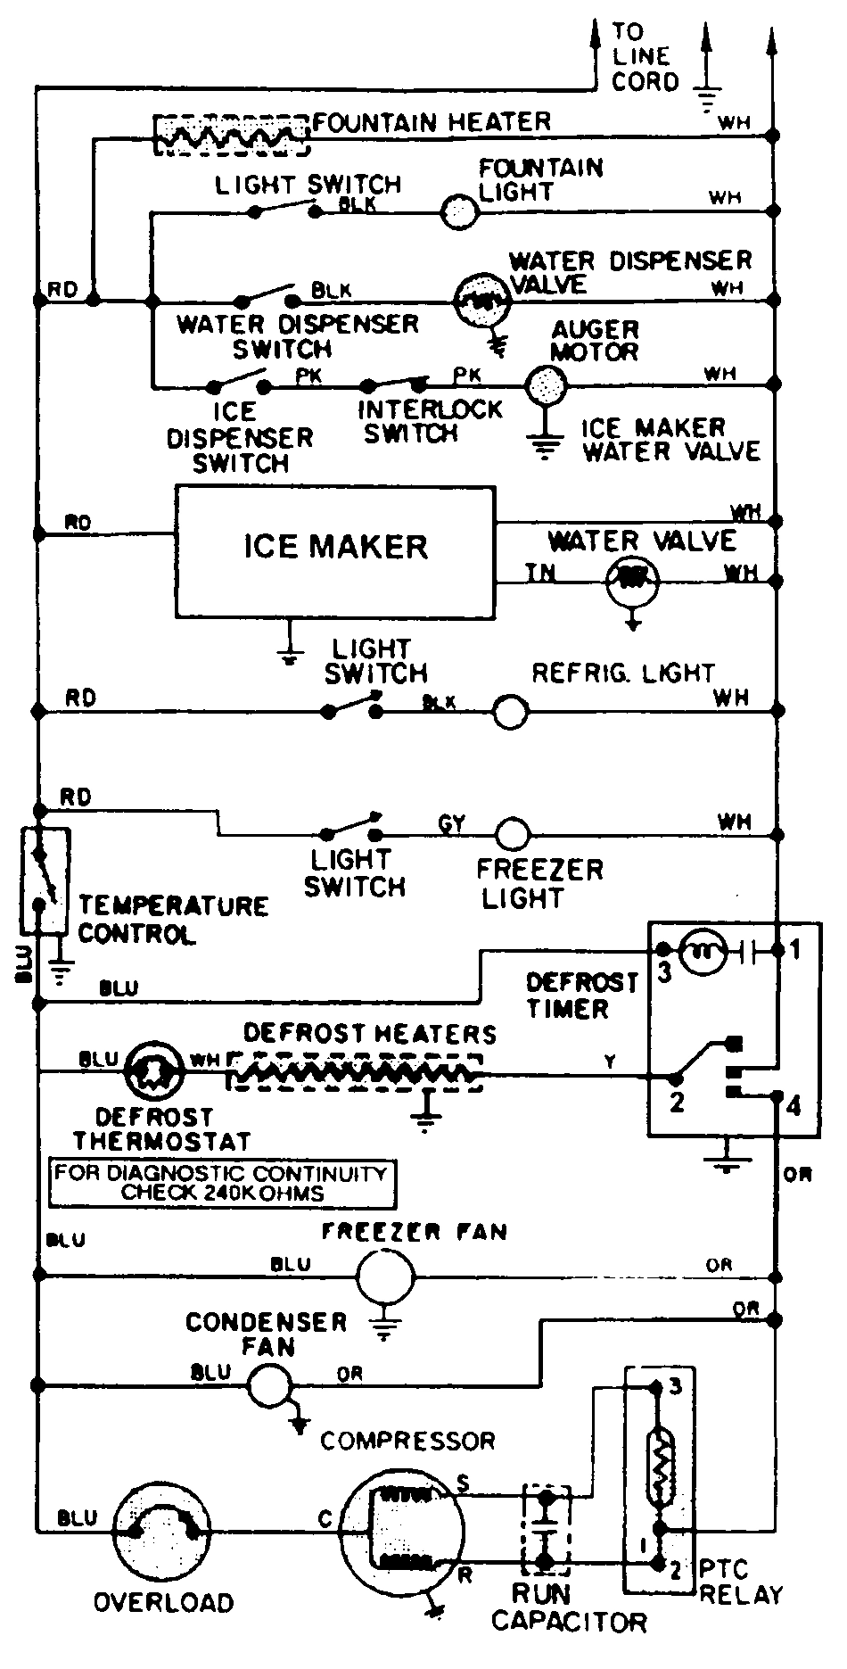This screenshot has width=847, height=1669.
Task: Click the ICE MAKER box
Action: coord(334,550)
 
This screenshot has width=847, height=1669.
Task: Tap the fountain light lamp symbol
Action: coord(460,211)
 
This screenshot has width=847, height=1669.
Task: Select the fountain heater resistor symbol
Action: coord(232,136)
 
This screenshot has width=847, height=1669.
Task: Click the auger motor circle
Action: coord(544,385)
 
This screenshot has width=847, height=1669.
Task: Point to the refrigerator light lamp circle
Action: coord(511,712)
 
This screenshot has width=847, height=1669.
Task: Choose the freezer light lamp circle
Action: coord(512,834)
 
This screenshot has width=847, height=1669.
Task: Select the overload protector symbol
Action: coord(163,1531)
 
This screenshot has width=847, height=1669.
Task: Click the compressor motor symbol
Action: coord(403,1531)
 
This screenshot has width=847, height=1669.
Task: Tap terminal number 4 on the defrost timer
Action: coord(793,1107)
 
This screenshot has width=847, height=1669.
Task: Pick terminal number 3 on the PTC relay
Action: coord(675,1387)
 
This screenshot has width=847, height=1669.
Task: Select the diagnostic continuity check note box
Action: coord(222,1183)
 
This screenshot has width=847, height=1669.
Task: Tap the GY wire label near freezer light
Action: coord(452,822)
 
